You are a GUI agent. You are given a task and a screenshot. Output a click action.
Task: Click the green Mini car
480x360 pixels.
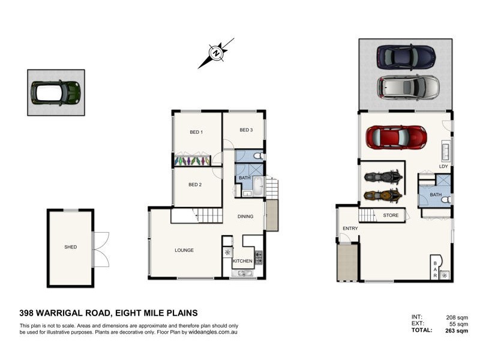(56, 92)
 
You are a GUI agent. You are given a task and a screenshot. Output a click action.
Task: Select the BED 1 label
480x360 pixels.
(196, 132)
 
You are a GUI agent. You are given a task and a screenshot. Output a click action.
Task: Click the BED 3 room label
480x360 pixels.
(246, 130)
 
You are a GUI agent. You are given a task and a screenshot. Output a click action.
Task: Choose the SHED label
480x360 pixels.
(71, 247)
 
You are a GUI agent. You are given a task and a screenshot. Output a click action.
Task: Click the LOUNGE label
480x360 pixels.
(184, 250)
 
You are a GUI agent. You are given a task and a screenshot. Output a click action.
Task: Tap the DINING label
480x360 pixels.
(245, 217)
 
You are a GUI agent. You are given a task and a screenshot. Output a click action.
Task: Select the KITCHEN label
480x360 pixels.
(242, 261)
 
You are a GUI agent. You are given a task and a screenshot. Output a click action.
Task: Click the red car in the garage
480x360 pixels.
(396, 137)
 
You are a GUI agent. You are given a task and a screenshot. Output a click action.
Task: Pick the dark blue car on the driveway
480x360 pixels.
(406, 58)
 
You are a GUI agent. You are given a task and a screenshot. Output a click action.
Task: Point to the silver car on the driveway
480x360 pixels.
(407, 88)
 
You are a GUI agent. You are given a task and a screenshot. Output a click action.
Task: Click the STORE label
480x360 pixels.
(391, 215)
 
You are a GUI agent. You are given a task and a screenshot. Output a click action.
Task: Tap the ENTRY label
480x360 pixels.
(350, 229)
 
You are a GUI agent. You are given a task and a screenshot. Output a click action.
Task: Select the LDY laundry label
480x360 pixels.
(444, 166)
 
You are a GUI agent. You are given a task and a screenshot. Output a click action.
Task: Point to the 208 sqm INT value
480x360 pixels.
(457, 317)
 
